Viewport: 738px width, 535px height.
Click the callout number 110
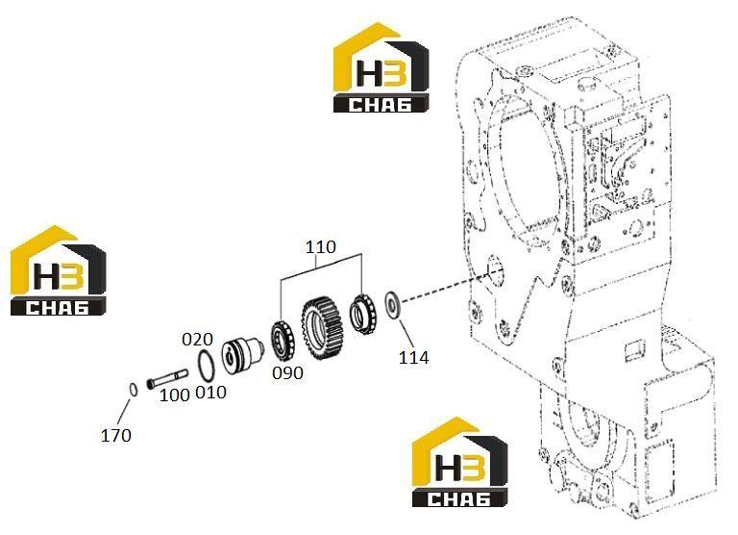coord(321,246)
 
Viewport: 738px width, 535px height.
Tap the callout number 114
coord(414,358)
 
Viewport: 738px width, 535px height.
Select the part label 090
coord(287,372)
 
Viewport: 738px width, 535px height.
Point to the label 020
coord(197,339)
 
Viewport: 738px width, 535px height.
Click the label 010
coord(210,393)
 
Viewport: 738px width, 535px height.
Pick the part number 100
coord(175,395)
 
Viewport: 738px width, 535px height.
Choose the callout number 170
coord(115,435)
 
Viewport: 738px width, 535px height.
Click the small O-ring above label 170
coord(134,390)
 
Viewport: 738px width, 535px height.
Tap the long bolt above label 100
coord(167,378)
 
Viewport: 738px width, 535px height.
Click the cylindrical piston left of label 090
coord(242,356)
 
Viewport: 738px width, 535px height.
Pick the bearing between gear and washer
coord(364,314)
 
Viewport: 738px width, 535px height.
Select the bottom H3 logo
coord(460,462)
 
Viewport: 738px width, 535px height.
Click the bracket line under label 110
coord(321,267)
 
